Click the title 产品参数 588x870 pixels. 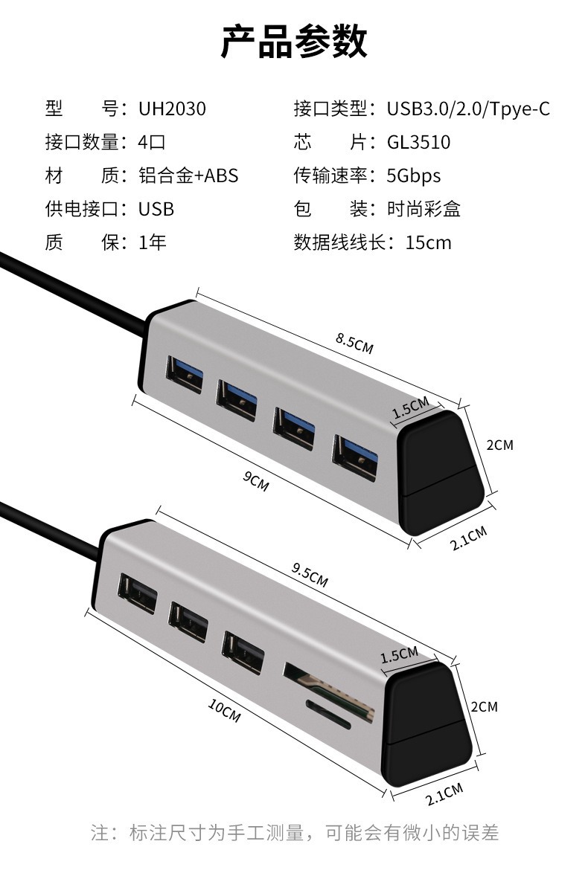[294, 41]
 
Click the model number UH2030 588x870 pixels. [172, 109]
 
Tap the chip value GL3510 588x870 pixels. [418, 143]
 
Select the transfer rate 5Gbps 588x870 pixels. [413, 176]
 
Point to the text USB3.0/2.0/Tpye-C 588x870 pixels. [468, 109]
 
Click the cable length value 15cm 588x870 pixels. [428, 242]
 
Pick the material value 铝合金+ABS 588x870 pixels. [188, 176]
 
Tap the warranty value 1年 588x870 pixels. [153, 242]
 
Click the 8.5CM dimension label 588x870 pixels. [354, 343]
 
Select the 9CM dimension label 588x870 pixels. [255, 481]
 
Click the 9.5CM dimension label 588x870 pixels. [310, 575]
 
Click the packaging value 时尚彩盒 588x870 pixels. [424, 209]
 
